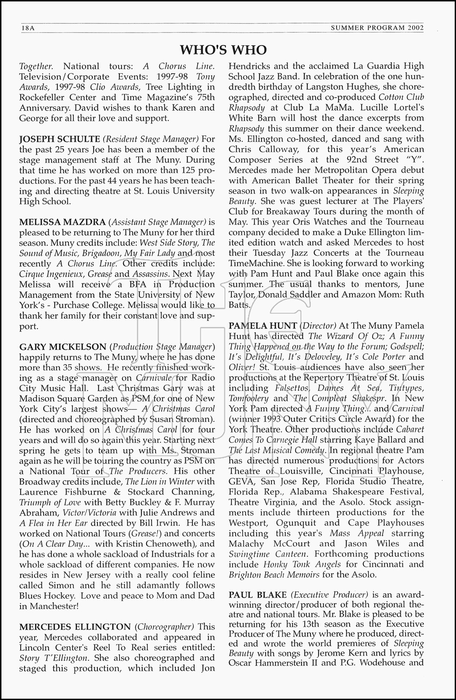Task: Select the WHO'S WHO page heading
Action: tap(224, 50)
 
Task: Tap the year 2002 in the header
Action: tap(415, 28)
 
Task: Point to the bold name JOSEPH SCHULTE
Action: tap(59, 139)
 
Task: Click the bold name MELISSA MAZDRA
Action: tap(62, 222)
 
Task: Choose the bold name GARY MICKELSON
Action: tap(63, 347)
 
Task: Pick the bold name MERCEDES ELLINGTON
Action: tap(75, 627)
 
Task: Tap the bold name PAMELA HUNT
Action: tap(263, 326)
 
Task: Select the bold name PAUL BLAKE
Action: tap(257, 595)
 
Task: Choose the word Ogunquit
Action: tap(296, 523)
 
